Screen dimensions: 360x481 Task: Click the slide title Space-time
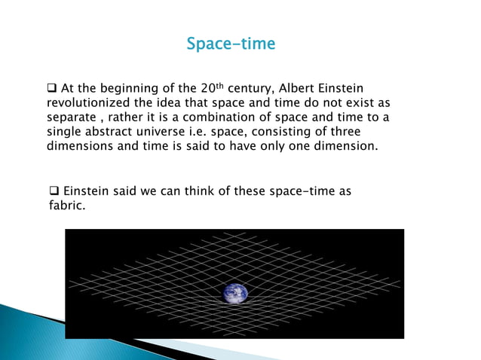coord(231,44)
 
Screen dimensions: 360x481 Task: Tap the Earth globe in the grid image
coord(235,294)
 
